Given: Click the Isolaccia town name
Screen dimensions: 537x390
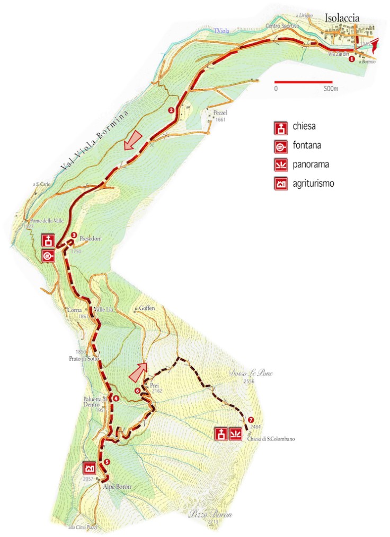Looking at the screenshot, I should [342, 18].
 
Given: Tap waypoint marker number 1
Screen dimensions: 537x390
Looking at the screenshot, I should [351, 59].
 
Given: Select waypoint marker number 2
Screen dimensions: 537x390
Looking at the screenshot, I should [171, 110].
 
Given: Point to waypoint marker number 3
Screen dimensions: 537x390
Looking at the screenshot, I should [74, 235].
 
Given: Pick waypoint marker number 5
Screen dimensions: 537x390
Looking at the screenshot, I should [107, 462].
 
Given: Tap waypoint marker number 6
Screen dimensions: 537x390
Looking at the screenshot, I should [138, 391].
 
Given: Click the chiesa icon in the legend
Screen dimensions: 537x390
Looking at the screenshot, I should [280, 128].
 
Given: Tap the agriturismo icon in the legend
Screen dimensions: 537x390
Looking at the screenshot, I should [280, 184].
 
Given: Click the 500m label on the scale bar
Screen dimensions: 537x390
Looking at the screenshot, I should [331, 89].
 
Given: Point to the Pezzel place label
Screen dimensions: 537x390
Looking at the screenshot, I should [220, 114].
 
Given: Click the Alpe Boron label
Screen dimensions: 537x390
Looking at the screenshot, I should [117, 487].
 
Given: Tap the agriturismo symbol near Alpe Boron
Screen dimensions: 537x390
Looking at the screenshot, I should [89, 468].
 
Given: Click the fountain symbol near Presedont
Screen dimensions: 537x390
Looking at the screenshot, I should [48, 256].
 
